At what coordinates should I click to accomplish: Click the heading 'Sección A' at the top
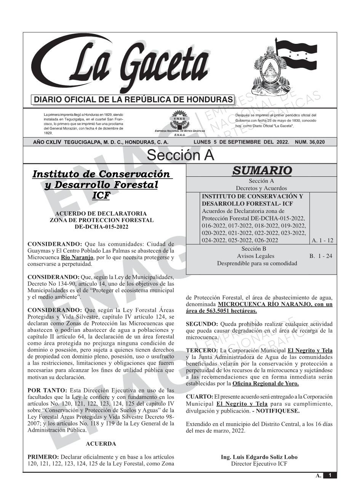[180, 155]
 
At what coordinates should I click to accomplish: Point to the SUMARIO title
[262, 171]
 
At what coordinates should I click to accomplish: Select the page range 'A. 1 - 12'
[322, 240]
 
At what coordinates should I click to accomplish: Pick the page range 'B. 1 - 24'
[321, 256]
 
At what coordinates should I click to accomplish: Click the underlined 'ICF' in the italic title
[101, 195]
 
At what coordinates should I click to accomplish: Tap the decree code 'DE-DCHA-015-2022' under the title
[102, 227]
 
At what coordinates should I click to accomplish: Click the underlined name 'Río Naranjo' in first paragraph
[77, 258]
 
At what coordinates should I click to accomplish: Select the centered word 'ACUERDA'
[101, 444]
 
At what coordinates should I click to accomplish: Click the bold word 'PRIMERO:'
[43, 457]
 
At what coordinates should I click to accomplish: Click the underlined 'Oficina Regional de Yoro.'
[265, 384]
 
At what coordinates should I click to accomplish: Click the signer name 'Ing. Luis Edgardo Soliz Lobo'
[259, 457]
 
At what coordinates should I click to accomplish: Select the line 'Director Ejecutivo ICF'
[259, 464]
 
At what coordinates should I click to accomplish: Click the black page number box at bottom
[330, 475]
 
